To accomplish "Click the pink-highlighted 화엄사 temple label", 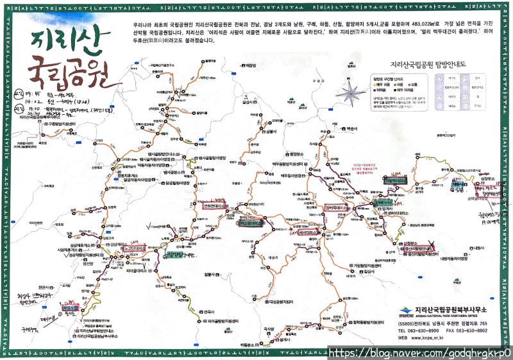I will point(70,307).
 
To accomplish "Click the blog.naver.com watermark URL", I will point(420,352).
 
